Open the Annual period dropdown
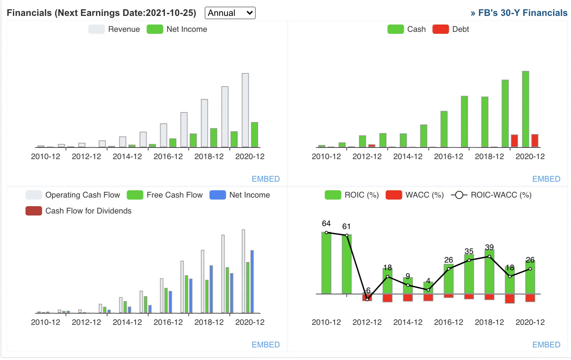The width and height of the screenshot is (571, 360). pos(230,13)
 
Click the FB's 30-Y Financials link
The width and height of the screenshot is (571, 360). pos(519,13)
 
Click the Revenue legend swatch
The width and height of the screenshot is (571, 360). pos(96,29)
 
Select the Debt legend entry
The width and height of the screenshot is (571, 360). pos(451,29)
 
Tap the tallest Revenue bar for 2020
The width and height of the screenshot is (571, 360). pos(245,110)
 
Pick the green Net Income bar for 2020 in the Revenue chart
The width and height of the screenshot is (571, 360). pos(254,135)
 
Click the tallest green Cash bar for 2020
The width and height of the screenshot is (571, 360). pos(525,109)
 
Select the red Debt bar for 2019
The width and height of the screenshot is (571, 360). pos(514,141)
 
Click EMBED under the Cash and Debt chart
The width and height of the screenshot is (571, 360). pos(546,179)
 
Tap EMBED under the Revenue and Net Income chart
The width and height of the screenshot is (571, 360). pos(266,179)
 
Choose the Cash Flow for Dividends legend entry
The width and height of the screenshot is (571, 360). pos(78,211)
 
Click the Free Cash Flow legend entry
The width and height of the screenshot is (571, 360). pos(165,195)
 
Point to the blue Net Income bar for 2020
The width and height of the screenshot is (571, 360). pos(252,281)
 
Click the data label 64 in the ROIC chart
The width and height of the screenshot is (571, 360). pos(326,223)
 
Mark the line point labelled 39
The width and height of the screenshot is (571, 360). pos(489,256)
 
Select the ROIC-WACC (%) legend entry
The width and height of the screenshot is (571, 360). pos(491,195)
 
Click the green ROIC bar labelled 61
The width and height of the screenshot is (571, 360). pos(347,264)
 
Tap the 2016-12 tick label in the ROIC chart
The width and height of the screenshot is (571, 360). pos(448,322)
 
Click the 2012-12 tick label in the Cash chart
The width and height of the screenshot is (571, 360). pos(367,156)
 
